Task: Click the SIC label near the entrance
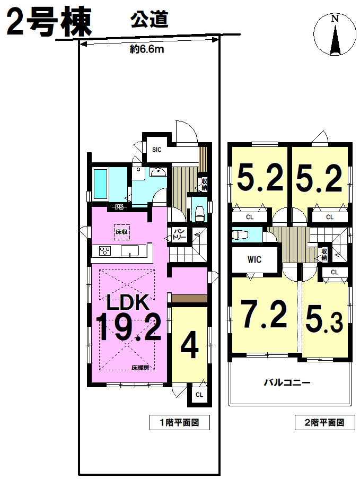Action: point(156,150)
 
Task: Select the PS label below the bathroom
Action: point(119,207)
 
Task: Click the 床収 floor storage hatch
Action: point(121,232)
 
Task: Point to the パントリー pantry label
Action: point(178,234)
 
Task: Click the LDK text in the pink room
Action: point(128,302)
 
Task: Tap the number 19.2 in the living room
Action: point(128,327)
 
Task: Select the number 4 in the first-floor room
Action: point(190,345)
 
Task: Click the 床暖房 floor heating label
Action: point(140,368)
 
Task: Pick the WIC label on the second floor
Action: point(254,260)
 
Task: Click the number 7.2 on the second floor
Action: point(264,314)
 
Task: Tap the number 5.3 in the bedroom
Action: point(324,319)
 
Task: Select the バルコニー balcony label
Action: point(287,382)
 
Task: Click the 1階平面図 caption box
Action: point(180,422)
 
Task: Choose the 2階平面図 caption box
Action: point(325,422)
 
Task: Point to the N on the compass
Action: point(335,19)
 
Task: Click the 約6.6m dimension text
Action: point(147,49)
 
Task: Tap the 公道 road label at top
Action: point(150,20)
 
